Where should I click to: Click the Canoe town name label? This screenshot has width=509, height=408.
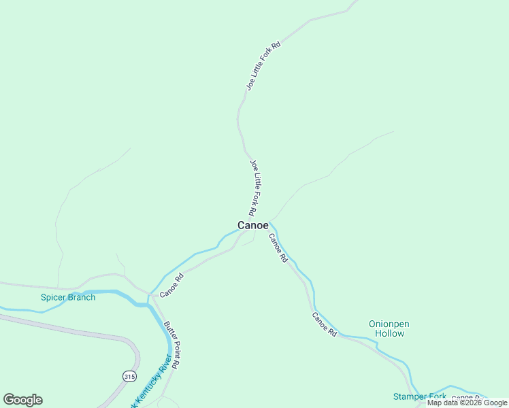click(x=252, y=225)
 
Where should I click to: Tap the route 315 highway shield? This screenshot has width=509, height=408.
click(x=129, y=376)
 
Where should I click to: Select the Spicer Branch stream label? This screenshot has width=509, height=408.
click(x=68, y=297)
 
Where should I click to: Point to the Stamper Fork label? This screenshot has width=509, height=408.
click(x=419, y=396)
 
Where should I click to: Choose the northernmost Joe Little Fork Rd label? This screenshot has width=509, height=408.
click(x=263, y=65)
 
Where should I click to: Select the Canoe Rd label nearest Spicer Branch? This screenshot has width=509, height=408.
click(x=172, y=285)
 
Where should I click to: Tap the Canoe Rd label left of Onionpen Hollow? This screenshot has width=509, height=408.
click(x=325, y=324)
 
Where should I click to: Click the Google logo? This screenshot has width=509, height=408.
click(x=22, y=400)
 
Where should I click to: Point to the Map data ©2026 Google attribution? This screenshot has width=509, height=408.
click(x=467, y=403)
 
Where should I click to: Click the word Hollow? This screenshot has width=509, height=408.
click(x=389, y=333)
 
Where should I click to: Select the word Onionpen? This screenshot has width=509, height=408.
click(x=389, y=324)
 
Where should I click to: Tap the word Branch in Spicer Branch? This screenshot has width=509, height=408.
click(x=82, y=297)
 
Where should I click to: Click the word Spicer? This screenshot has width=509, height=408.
click(x=53, y=297)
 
